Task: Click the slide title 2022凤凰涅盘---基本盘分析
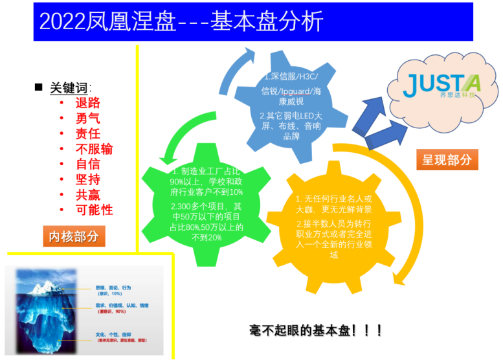tap(181, 22)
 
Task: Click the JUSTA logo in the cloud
tap(440, 85)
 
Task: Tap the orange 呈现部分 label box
tap(446, 159)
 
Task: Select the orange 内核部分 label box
tap(74, 236)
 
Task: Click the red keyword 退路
tap(87, 102)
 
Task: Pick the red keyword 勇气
tap(87, 118)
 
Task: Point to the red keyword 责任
tap(87, 133)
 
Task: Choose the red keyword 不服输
tap(94, 149)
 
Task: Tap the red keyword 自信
tap(87, 164)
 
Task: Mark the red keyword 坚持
tap(87, 179)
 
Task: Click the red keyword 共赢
tap(87, 195)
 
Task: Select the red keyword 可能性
tap(94, 210)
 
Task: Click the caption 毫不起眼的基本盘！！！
tap(316, 330)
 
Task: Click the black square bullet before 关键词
tap(38, 87)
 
